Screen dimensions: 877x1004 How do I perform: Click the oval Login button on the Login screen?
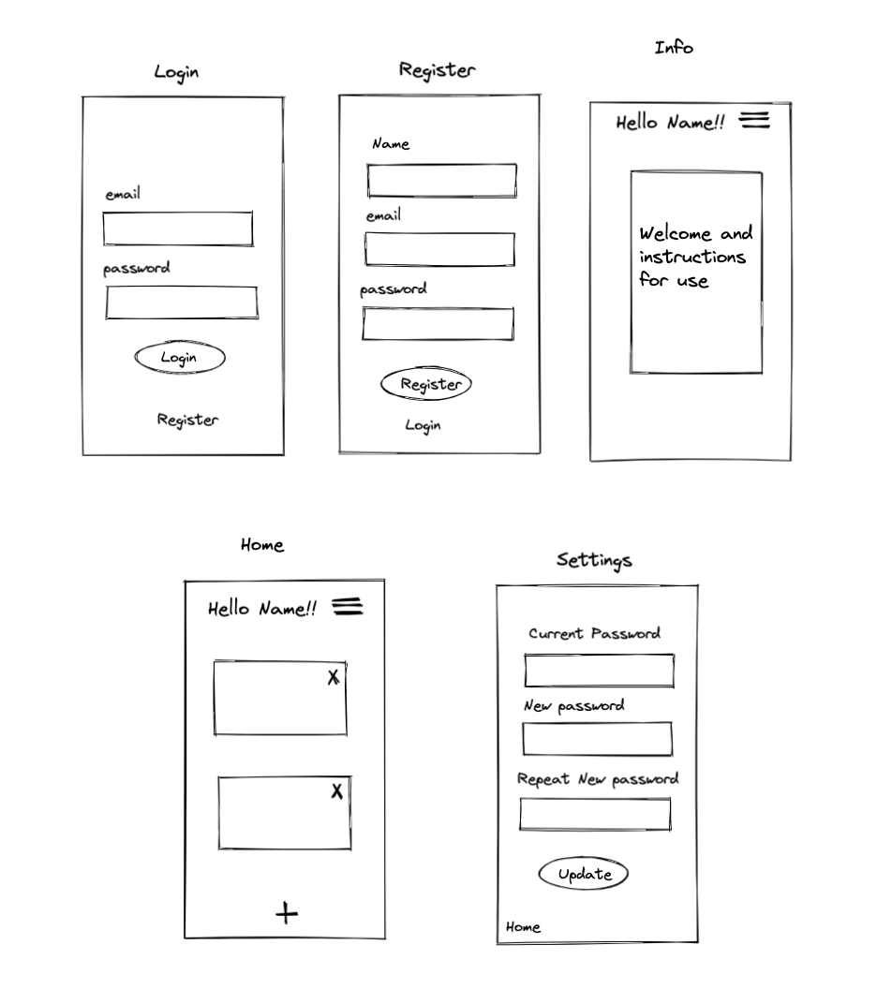point(180,358)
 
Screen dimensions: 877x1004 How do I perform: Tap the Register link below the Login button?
point(187,420)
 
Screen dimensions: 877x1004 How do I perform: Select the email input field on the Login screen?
point(178,229)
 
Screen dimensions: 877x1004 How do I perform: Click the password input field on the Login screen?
point(181,303)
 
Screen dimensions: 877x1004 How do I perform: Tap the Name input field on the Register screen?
point(441,181)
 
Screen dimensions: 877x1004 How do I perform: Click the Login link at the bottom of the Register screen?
point(423,425)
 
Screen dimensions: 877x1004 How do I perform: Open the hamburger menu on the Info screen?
point(754,120)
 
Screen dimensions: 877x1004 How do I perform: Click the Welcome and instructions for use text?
point(694,257)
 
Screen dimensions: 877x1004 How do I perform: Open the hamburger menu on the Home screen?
point(348,607)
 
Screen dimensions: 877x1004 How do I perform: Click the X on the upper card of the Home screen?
point(334,677)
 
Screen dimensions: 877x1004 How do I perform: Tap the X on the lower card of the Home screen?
point(337,791)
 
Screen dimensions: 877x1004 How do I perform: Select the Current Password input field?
point(599,671)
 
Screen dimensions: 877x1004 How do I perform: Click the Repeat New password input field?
point(595,814)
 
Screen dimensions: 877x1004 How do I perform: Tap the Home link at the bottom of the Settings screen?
point(523,927)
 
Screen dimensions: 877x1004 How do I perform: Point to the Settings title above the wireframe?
point(594,560)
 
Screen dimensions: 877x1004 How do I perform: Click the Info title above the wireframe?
point(674,47)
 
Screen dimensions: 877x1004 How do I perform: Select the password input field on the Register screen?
point(438,324)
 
